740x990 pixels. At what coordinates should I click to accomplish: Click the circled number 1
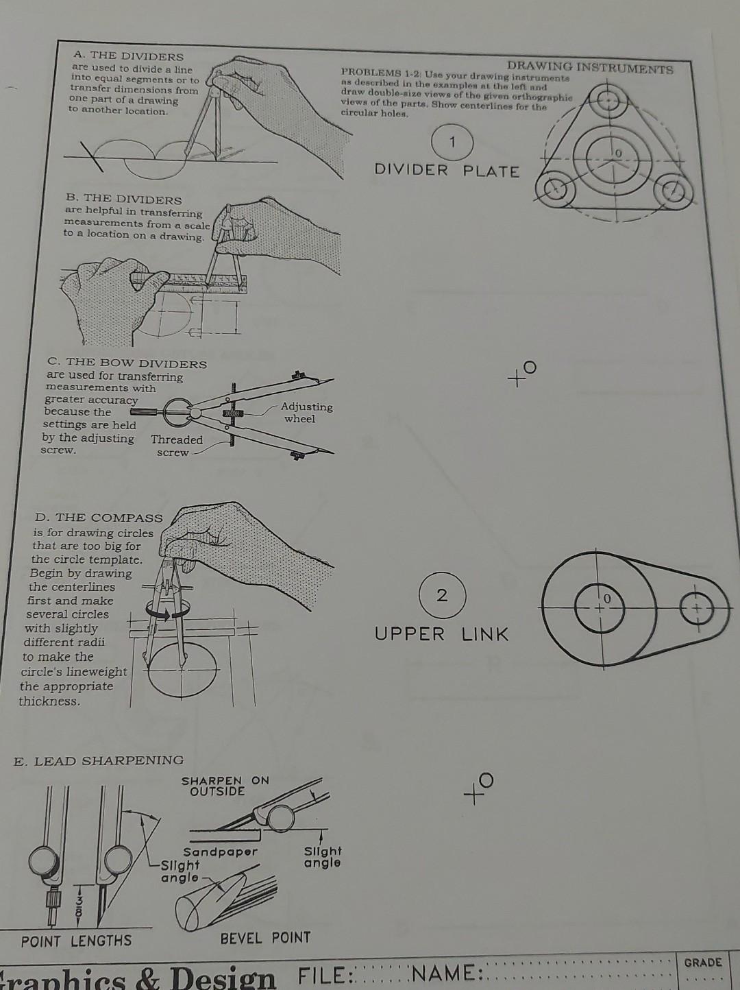pos(452,142)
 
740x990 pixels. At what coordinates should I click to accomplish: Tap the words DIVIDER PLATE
pos(447,171)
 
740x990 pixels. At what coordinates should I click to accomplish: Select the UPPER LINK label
pos(441,634)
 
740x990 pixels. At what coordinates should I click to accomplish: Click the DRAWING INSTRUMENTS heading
pos(590,67)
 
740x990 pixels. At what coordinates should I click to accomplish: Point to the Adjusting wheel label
pos(306,413)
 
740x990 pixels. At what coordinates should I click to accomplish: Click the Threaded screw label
pos(176,446)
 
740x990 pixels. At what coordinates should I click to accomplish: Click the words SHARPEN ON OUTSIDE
pos(225,786)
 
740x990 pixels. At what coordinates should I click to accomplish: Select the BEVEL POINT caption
pos(265,937)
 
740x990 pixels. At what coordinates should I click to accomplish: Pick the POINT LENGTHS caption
pos(76,941)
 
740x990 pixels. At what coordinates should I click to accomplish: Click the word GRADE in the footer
pos(702,962)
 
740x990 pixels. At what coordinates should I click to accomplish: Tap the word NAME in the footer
pos(449,974)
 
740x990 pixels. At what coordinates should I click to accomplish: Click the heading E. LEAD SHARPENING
pos(99,760)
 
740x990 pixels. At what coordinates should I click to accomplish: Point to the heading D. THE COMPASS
pos(99,518)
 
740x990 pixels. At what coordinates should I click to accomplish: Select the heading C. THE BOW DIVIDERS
pos(127,363)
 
